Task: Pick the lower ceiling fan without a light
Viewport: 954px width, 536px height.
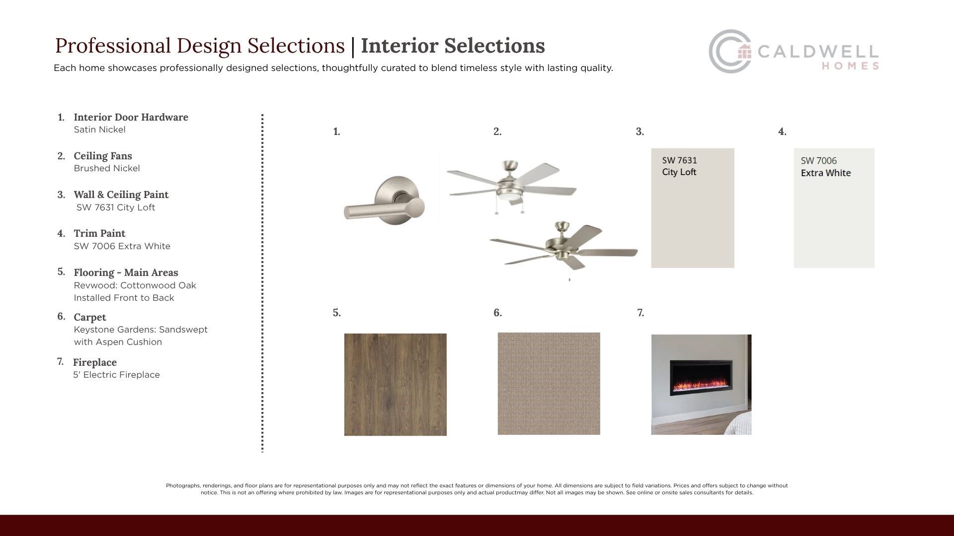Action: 563,248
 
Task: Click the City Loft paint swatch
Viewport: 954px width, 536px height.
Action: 693,208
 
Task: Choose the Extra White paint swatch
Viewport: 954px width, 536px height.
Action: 834,208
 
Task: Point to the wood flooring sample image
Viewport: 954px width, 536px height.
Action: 396,385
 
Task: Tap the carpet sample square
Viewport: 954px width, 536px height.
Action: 549,384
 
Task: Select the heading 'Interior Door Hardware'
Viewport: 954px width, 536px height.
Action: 131,117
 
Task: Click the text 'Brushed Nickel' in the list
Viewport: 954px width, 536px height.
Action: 107,168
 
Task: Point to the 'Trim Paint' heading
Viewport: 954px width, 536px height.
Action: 99,233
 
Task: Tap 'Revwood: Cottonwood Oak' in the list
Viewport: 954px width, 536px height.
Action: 135,285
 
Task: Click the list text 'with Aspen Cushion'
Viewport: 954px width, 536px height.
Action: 118,342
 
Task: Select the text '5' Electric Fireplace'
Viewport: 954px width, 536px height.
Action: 116,375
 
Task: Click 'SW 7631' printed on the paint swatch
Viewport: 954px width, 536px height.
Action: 679,160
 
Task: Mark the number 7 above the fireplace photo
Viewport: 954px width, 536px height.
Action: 640,313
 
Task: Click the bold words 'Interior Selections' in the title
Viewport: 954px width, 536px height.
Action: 453,46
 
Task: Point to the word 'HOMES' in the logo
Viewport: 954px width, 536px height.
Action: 850,66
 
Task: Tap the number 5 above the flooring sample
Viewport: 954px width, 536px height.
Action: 336,313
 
